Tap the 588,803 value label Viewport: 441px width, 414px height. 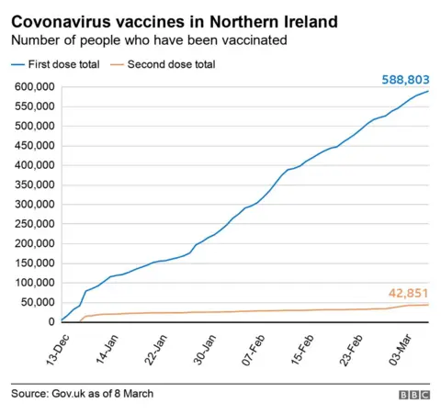tap(405, 81)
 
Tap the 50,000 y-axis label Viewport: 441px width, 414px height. tap(37, 303)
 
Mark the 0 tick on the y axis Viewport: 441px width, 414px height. tap(51, 322)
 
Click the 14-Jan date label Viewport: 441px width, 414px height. tap(107, 348)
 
